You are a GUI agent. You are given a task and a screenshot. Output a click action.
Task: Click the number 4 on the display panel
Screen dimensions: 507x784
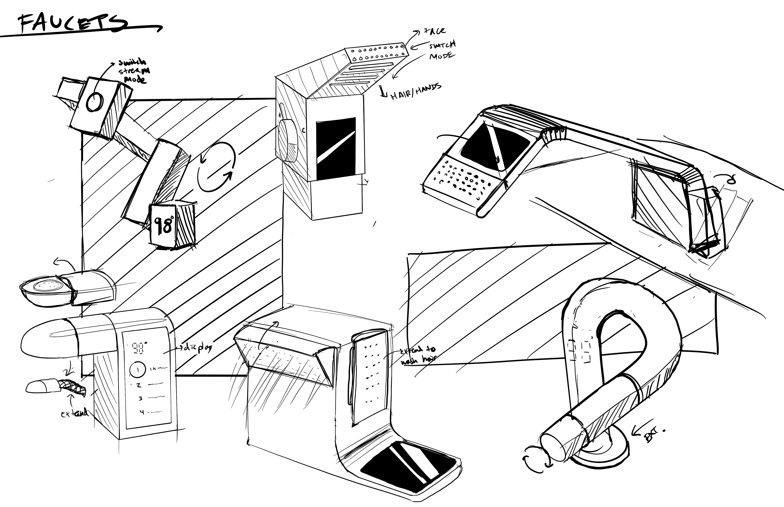(x=142, y=412)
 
